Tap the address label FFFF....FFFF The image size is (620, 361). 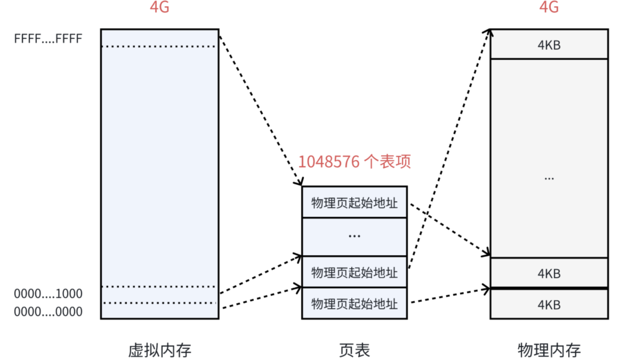pos(48,38)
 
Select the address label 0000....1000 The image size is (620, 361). pos(48,294)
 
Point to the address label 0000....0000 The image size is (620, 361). pos(48,311)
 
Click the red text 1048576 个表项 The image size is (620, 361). pos(355,161)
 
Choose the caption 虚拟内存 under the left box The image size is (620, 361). pos(159,350)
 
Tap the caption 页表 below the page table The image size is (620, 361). pos(355,350)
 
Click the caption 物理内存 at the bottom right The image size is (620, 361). pos(549,350)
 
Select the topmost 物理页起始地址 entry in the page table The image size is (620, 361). pos(355,203)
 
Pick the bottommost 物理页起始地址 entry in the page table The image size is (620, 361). pos(355,304)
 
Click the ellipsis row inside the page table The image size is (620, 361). pos(355,236)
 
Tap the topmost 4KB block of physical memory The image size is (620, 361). pos(549,44)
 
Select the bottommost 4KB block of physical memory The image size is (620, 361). pos(549,305)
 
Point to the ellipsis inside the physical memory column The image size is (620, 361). pos(549,177)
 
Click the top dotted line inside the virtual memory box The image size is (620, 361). pos(159,46)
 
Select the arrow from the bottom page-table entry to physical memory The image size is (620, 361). pos(450,296)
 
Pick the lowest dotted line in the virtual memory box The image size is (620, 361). pos(159,303)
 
